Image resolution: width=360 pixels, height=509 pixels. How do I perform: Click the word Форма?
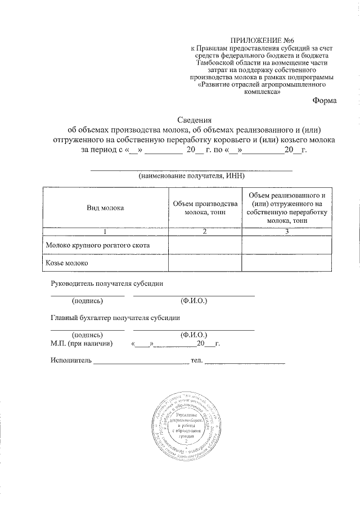325,101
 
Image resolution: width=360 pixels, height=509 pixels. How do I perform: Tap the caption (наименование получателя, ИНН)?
191,176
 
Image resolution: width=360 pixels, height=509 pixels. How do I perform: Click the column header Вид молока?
105,208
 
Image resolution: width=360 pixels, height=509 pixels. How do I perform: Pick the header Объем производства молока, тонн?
204,208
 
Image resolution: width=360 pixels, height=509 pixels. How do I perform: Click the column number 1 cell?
105,231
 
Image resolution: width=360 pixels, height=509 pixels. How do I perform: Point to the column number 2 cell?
204,231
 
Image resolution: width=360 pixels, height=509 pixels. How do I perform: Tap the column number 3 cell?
287,231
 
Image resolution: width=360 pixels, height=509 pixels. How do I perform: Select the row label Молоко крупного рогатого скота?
98,245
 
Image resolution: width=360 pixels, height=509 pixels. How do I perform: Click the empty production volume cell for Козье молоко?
204,263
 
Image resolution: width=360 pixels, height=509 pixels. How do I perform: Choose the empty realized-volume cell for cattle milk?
287,245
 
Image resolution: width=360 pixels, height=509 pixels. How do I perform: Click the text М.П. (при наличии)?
82,343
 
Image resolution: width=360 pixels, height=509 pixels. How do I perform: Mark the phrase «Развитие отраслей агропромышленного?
263,84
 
